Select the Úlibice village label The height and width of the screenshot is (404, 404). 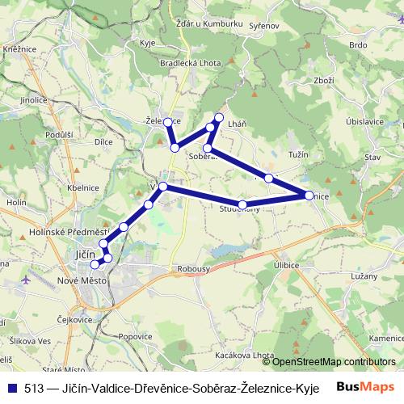coord(286,264)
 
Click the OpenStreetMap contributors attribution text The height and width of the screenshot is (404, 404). coord(334,362)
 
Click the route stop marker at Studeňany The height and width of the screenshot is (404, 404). coord(242,204)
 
